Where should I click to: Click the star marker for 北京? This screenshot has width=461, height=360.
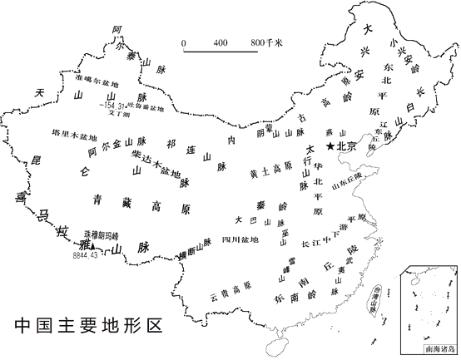click(x=331, y=146)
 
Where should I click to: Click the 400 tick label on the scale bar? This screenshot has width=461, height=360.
click(x=221, y=42)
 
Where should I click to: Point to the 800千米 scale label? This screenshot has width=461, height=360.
click(x=267, y=42)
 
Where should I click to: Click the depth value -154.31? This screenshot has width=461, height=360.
click(x=111, y=106)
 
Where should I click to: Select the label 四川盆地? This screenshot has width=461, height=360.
click(x=240, y=240)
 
